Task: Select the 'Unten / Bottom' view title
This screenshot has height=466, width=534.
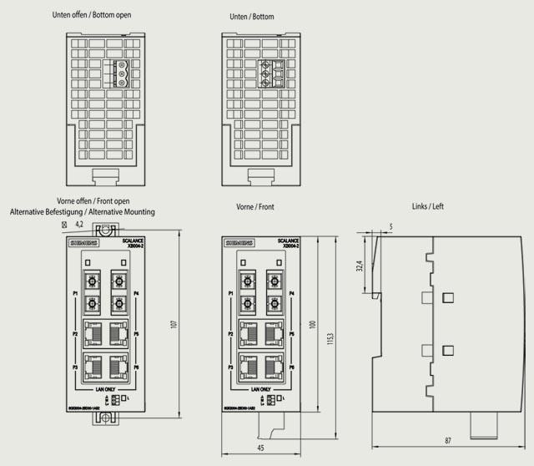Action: [x=251, y=17]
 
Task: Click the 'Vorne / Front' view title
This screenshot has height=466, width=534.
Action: [x=254, y=206]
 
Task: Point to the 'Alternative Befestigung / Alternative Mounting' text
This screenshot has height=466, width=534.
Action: [x=82, y=212]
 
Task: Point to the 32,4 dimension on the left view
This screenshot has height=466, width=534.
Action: [x=360, y=265]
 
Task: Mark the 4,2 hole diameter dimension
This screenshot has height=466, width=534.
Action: [x=79, y=225]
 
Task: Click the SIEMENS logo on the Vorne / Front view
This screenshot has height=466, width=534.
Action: [x=239, y=244]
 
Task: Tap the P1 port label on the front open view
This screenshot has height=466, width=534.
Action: [x=75, y=294]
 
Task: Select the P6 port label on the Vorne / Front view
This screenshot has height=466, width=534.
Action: [x=290, y=367]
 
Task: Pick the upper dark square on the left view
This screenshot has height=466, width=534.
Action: [x=448, y=297]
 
